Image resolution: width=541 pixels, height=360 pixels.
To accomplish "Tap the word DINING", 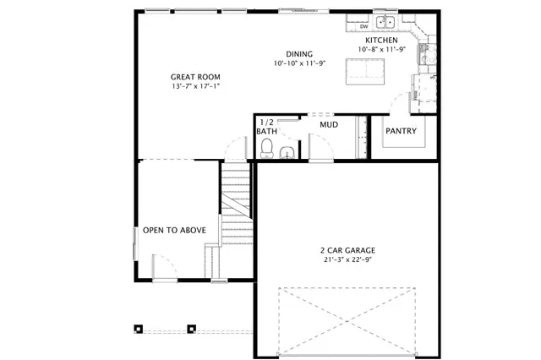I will tap(298, 52).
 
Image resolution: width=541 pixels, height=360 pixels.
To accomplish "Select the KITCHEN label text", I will tap(382, 40).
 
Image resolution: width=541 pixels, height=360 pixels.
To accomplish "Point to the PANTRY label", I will tap(400, 131).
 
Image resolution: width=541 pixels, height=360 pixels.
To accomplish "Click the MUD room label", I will tap(329, 124).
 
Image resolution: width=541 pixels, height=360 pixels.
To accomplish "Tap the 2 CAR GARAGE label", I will tap(347, 249).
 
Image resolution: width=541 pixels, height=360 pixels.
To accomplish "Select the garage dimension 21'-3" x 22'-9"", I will tap(347, 259).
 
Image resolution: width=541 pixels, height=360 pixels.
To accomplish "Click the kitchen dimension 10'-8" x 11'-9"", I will tap(382, 50).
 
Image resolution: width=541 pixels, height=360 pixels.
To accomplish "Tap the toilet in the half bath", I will tap(267, 150).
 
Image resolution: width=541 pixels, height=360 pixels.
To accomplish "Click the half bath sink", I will tap(287, 152).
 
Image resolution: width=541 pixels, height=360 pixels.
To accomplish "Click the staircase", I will tap(237, 203).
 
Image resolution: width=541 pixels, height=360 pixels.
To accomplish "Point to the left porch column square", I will tap(139, 328).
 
